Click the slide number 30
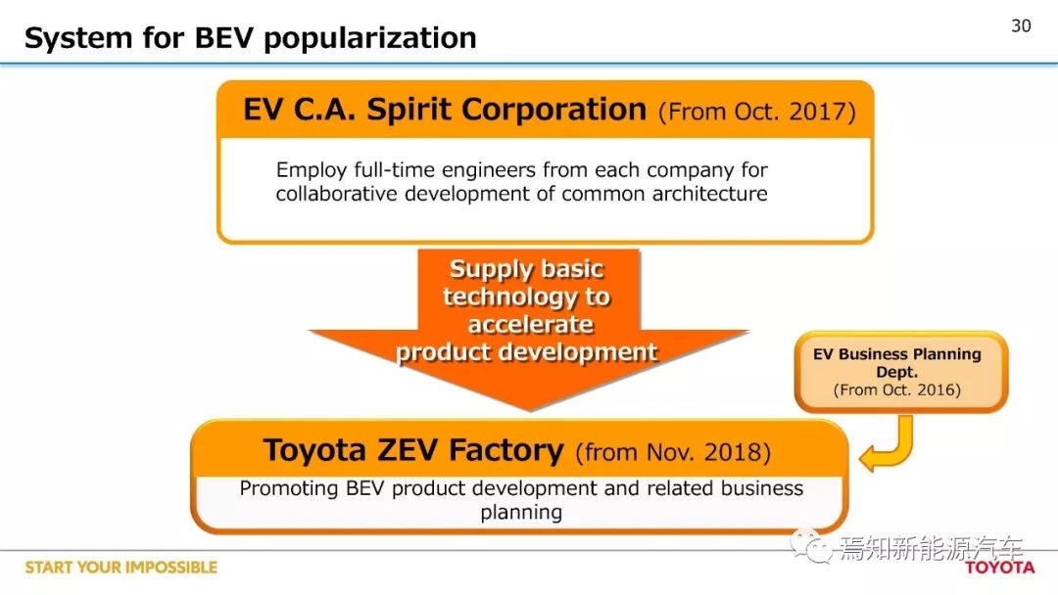(x=1021, y=25)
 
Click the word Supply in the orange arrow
(x=489, y=269)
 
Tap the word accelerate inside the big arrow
(x=530, y=325)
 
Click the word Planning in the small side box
(x=945, y=354)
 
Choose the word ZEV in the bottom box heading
(x=409, y=450)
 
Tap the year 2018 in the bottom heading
(x=734, y=452)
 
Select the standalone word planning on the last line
(x=521, y=513)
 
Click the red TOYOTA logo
(x=999, y=568)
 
